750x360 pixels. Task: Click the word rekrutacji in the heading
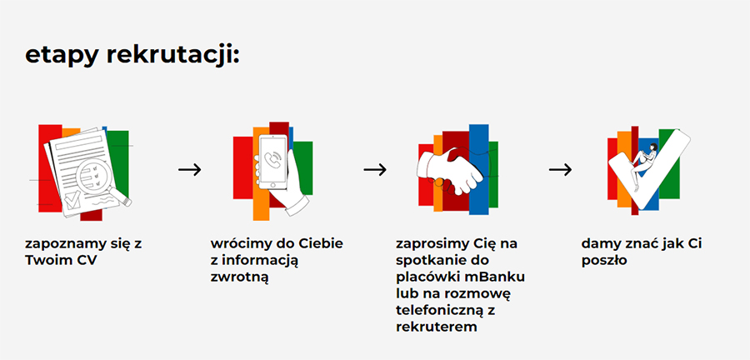172,55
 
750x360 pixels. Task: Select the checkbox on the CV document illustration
72,200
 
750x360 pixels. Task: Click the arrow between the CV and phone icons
190,169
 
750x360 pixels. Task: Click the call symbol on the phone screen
274,159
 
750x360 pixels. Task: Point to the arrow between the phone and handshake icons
375,169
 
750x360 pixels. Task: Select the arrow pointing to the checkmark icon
560,169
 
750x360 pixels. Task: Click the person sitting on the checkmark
643,165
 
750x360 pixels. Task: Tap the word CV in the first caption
87,261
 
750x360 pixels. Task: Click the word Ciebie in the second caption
322,243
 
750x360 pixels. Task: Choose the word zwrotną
239,277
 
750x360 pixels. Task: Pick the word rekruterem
437,327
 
